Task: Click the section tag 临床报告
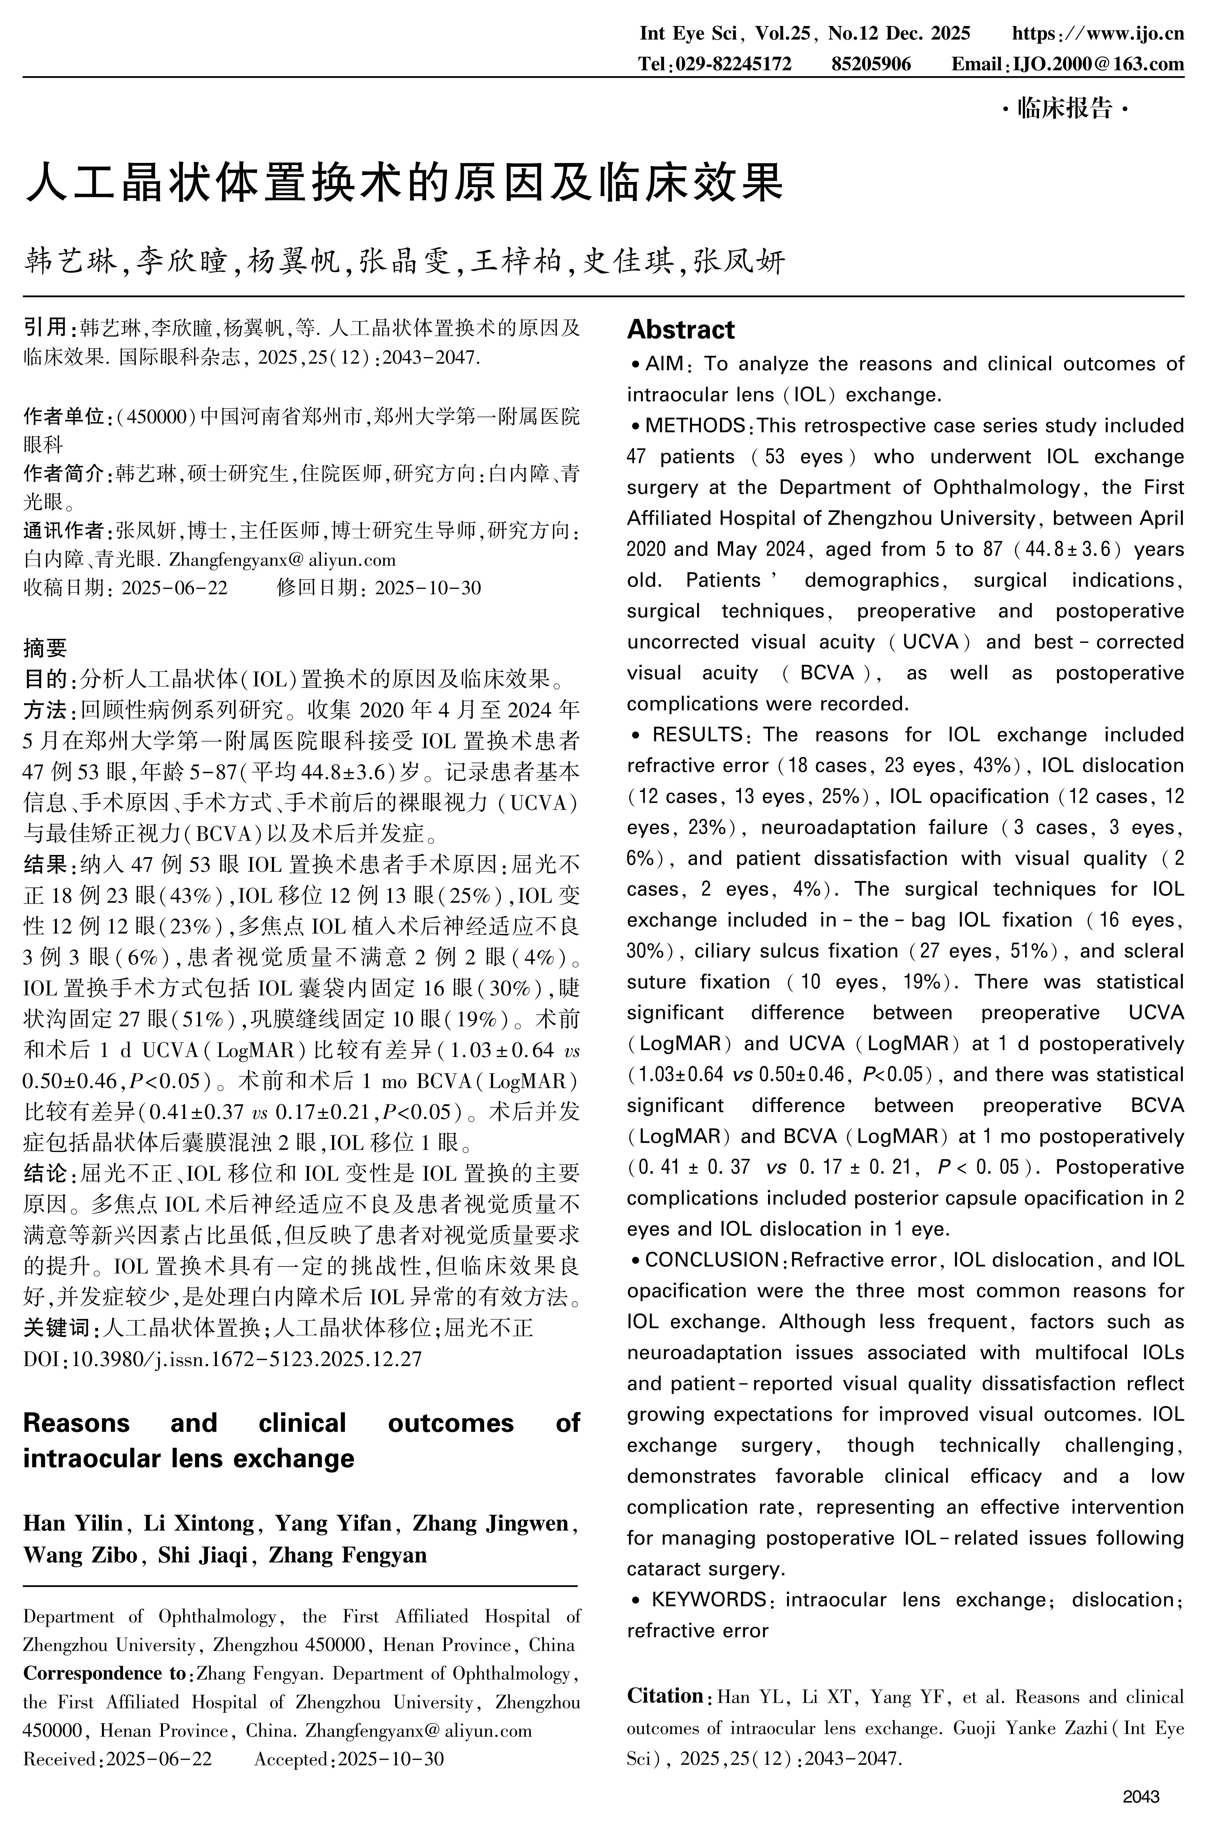pos(1065,108)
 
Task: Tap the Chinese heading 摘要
pos(45,648)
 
